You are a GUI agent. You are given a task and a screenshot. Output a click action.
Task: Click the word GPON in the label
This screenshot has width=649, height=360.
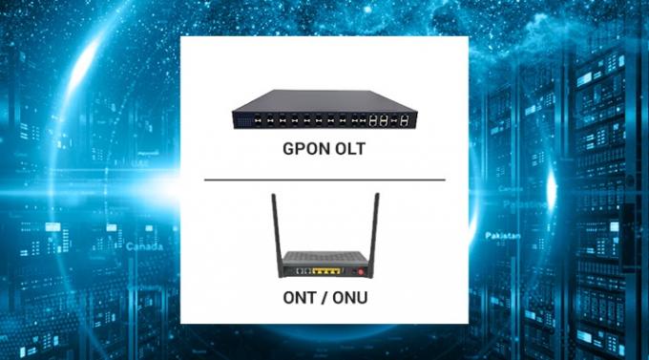click(x=304, y=150)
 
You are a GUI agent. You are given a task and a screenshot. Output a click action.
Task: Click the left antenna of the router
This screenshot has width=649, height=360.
click(x=275, y=225)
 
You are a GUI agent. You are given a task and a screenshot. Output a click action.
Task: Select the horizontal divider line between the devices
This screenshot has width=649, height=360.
click(x=324, y=179)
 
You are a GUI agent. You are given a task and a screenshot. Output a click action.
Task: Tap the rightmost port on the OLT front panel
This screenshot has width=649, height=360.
click(x=408, y=120)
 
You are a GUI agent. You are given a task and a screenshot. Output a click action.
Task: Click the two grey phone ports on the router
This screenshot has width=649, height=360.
click(x=298, y=272)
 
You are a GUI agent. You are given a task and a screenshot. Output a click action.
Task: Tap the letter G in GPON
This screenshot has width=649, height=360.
click(x=288, y=150)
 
